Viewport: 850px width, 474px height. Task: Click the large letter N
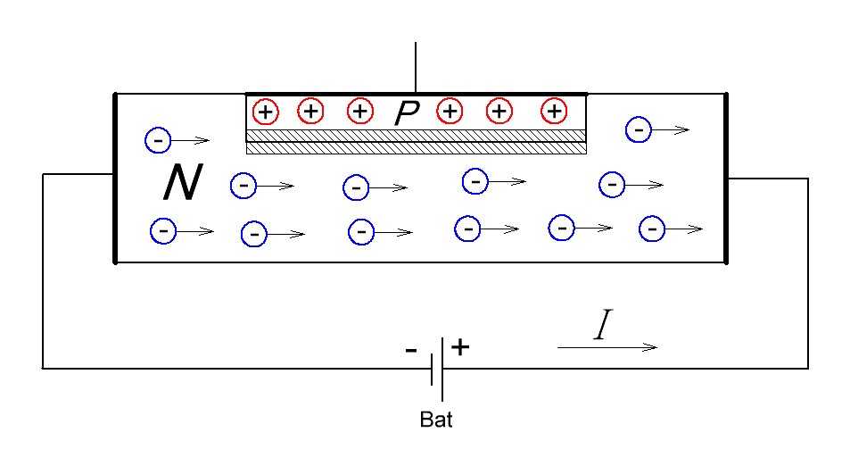pos(182,184)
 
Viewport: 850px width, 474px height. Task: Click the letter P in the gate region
pos(406,112)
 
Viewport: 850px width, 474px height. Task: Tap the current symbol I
pos(602,328)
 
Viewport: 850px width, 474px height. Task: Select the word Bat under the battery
pos(436,420)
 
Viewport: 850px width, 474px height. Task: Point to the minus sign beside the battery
pos(410,350)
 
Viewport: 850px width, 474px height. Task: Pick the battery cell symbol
pos(437,368)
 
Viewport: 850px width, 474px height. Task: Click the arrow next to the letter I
pos(608,347)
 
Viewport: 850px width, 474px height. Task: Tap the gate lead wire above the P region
pos(416,67)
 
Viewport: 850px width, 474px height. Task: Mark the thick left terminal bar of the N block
pos(115,178)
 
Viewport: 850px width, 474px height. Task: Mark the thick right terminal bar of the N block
pos(727,178)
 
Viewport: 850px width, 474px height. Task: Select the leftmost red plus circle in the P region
pos(265,112)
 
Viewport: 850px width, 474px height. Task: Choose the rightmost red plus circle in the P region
pos(554,112)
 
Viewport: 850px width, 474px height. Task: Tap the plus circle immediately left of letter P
pos(359,112)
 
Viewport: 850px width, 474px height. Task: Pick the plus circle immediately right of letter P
pos(450,112)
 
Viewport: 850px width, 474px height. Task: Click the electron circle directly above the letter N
pos(157,140)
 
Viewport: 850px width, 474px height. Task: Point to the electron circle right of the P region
pos(639,129)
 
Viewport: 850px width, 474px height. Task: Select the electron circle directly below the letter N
pos(163,230)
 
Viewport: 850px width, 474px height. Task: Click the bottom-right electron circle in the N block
pos(652,229)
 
